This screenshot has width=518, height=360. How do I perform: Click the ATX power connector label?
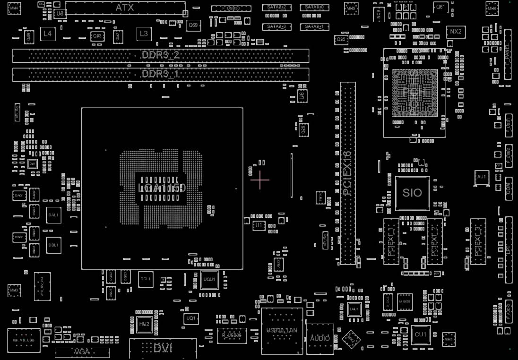pyautogui.click(x=125, y=8)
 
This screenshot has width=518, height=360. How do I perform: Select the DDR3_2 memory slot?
pyautogui.click(x=161, y=56)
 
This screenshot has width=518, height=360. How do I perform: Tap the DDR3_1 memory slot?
pyautogui.click(x=161, y=75)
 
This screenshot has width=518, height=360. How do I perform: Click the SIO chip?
pyautogui.click(x=412, y=193)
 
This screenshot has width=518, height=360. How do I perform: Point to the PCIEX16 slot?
pyautogui.click(x=348, y=173)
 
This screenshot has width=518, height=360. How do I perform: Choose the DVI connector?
pyautogui.click(x=163, y=348)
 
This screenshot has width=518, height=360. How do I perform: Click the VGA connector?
pyautogui.click(x=82, y=352)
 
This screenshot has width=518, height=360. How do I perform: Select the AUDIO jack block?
pyautogui.click(x=320, y=339)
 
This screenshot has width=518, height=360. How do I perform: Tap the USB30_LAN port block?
pyautogui.click(x=282, y=330)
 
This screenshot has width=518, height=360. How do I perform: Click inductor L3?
pyautogui.click(x=144, y=34)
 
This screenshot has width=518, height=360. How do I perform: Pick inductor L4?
pyautogui.click(x=47, y=34)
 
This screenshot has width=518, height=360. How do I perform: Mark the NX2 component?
pyautogui.click(x=456, y=32)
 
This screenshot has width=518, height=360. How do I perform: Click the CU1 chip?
pyautogui.click(x=420, y=334)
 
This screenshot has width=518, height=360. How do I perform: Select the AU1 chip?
pyautogui.click(x=482, y=177)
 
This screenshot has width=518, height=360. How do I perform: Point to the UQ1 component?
pyautogui.click(x=191, y=319)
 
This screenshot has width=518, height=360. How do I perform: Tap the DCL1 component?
pyautogui.click(x=146, y=279)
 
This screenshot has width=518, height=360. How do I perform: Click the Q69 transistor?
pyautogui.click(x=193, y=25)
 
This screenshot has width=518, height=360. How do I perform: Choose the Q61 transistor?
pyautogui.click(x=440, y=7)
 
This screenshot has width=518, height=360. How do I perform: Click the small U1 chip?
pyautogui.click(x=259, y=226)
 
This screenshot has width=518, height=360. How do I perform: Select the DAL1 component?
pyautogui.click(x=53, y=215)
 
